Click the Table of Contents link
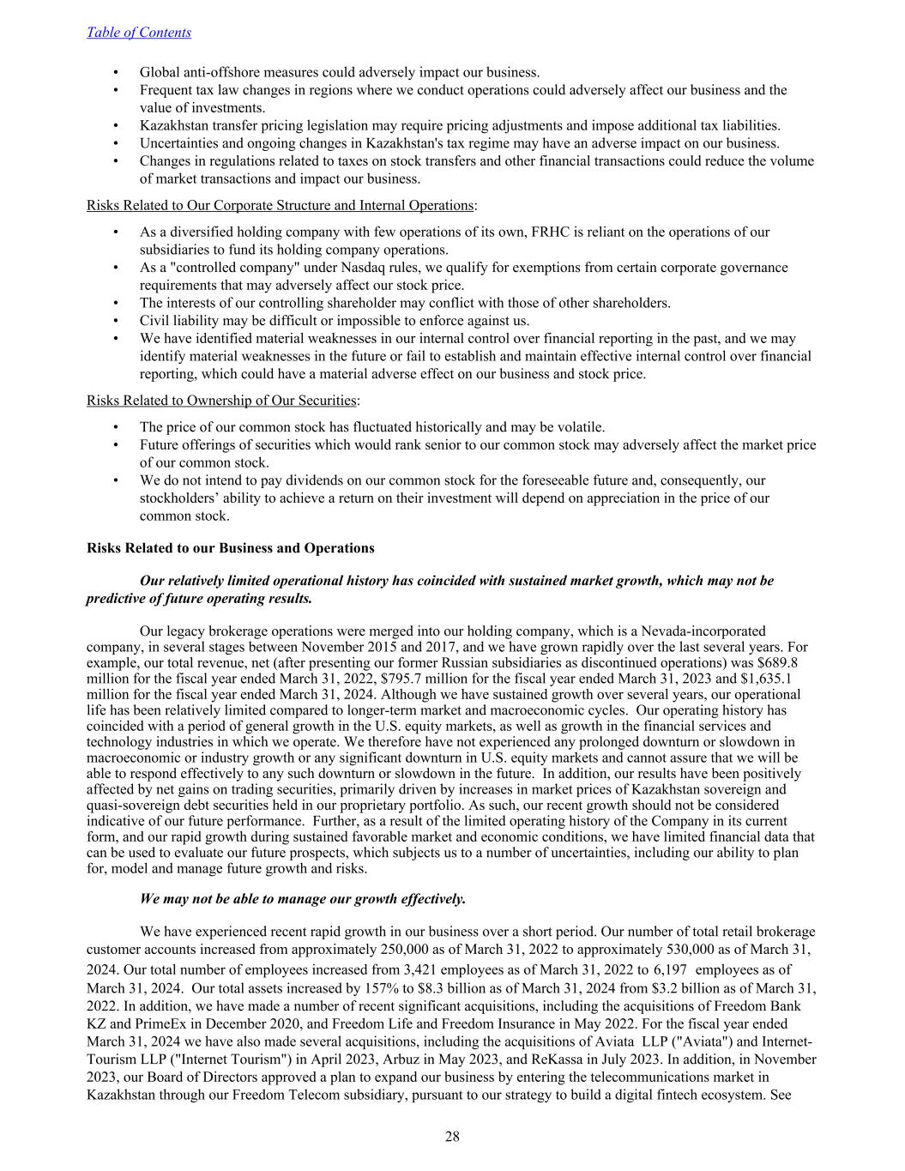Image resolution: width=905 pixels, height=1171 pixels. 139,33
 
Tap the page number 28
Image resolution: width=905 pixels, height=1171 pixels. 452,1137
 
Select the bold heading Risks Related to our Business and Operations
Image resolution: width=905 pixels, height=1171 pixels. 231,548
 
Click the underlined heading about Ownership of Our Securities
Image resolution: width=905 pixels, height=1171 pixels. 221,401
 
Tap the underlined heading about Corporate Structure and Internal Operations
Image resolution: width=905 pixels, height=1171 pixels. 280,205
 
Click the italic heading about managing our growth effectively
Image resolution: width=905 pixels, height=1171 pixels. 303,899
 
